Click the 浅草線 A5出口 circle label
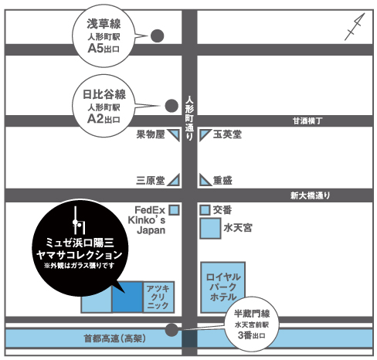(103, 36)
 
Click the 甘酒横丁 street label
(307, 121)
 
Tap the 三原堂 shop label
(151, 180)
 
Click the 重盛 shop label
(222, 180)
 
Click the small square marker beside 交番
(205, 209)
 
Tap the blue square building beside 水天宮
(209, 229)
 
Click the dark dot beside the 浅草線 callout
(157, 36)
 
